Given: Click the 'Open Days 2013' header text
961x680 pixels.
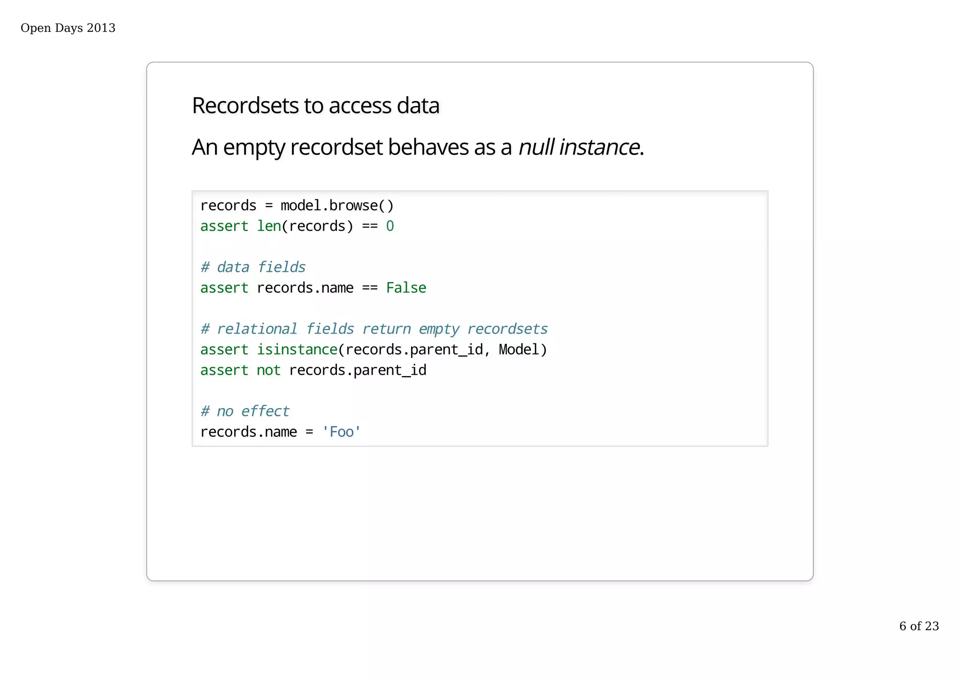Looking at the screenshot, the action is (68, 28).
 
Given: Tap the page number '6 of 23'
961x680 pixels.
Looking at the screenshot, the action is (919, 626).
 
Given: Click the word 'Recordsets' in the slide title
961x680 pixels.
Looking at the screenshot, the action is (245, 106).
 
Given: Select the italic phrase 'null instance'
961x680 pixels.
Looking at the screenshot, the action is (579, 147).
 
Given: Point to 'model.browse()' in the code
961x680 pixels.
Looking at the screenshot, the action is (337, 206).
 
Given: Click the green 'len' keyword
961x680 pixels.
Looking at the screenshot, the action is (269, 226).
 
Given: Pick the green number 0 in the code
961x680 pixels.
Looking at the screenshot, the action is (390, 226).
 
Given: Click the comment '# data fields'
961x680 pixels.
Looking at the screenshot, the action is (253, 267).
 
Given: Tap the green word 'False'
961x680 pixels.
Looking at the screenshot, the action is (406, 288).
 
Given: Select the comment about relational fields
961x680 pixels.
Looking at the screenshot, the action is (374, 329).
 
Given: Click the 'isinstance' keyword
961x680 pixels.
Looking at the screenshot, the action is (297, 350).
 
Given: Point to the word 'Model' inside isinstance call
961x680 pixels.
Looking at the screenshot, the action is (519, 350).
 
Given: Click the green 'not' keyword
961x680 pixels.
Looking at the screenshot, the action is (268, 371).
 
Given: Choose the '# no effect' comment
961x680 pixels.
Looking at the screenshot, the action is (244, 411).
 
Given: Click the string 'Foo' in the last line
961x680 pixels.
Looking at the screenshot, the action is (342, 432).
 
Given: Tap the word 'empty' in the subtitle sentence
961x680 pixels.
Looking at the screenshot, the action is (254, 147).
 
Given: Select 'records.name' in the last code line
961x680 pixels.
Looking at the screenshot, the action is (248, 432).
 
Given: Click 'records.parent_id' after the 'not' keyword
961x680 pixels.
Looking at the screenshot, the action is (358, 371).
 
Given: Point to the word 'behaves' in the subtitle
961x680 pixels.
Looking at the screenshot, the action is (428, 147).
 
